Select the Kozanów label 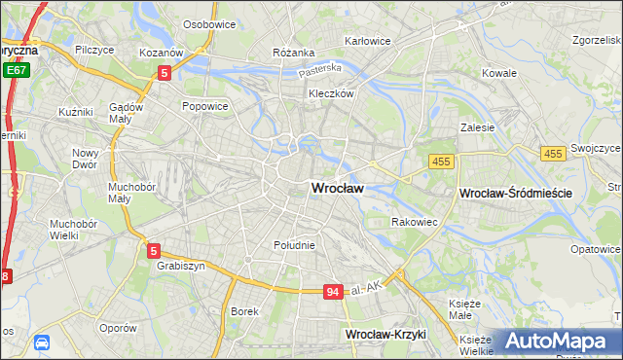click(161, 52)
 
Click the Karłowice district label click(368, 41)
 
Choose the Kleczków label click(330, 94)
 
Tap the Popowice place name click(204, 106)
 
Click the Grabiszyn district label click(178, 265)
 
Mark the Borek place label click(244, 311)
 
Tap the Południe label click(294, 245)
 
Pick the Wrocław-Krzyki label click(386, 335)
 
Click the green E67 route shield click(16, 70)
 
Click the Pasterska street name click(320, 70)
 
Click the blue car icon click(42, 342)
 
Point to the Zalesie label click(478, 126)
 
